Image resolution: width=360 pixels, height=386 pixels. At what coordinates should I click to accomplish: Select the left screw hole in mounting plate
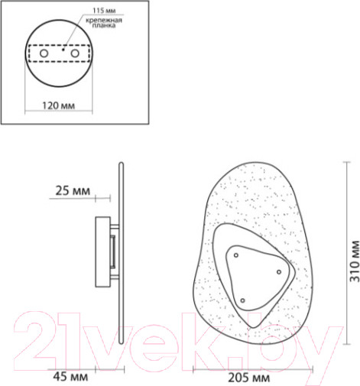click(44, 55)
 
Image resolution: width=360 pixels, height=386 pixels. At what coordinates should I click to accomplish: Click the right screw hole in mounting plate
click(74, 55)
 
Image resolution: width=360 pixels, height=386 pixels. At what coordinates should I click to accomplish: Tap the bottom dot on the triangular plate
click(243, 300)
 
